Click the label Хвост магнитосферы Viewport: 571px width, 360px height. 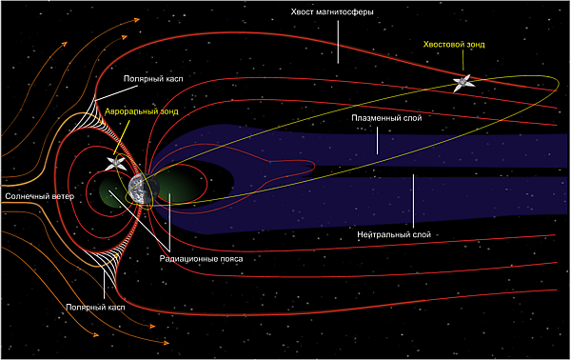point(332,12)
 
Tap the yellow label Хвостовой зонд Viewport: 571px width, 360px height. point(454,45)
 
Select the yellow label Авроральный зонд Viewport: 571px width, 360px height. point(142,111)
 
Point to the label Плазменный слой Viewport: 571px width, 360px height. point(386,118)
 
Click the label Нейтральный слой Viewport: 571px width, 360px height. point(394,234)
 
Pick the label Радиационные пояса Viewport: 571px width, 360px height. point(201,259)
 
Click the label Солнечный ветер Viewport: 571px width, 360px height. point(39,196)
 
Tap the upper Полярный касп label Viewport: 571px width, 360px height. point(153,79)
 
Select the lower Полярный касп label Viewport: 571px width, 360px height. point(95,308)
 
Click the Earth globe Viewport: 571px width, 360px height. point(144,189)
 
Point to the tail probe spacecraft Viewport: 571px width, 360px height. point(463,84)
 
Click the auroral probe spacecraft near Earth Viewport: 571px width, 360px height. point(116,163)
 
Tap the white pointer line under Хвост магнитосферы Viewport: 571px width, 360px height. point(338,42)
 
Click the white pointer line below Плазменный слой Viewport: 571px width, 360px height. point(377,141)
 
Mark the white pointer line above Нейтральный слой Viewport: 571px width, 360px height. point(413,201)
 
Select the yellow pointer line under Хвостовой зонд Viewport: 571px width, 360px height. point(463,60)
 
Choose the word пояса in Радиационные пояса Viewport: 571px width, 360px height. point(231,259)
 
